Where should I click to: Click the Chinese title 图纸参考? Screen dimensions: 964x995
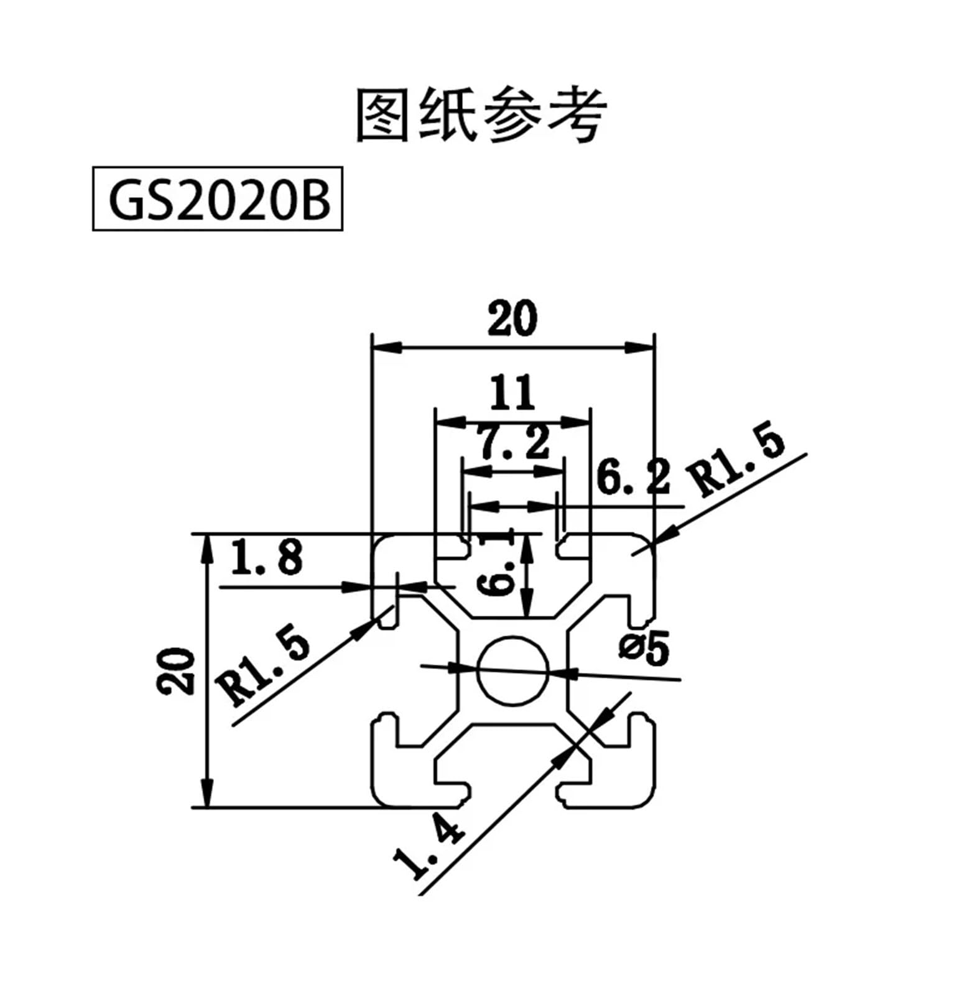tap(481, 116)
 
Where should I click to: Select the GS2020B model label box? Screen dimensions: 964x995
tap(218, 198)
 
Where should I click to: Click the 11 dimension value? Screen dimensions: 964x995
tap(512, 392)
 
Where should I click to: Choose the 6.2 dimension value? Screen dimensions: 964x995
tap(633, 477)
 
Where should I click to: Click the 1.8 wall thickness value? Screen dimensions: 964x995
tap(267, 557)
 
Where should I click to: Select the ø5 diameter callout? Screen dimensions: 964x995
tap(644, 648)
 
